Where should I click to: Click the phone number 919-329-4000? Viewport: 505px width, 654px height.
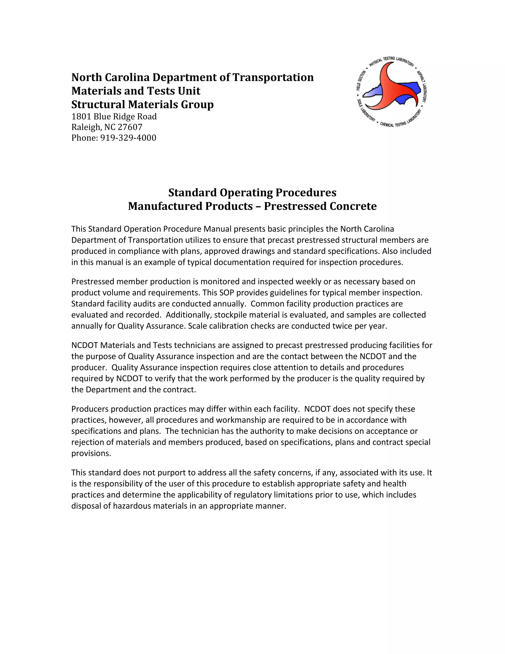(x=128, y=138)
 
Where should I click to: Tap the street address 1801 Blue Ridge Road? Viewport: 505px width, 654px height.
(x=114, y=116)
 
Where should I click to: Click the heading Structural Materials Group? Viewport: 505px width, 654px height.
(x=143, y=104)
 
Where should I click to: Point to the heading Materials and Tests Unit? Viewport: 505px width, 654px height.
(x=136, y=91)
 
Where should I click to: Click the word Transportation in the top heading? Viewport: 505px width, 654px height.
(x=273, y=77)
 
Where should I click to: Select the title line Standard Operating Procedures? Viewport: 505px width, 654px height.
(x=252, y=192)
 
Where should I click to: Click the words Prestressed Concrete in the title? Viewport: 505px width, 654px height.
(x=320, y=206)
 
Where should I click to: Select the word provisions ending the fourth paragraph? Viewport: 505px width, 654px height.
(x=91, y=453)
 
